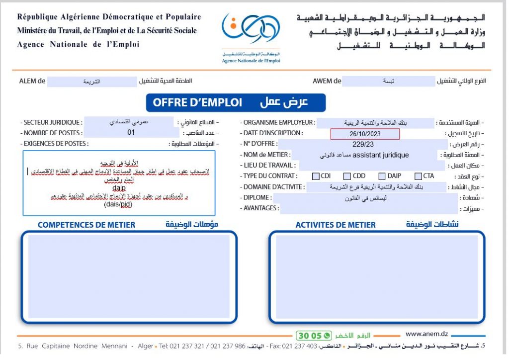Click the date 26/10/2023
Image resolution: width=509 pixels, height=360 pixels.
(365, 134)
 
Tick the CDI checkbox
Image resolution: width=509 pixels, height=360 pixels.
(316, 176)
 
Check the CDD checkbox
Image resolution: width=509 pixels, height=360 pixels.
(347, 176)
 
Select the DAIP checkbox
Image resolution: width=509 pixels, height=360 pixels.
(382, 176)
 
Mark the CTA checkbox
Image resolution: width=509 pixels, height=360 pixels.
(418, 176)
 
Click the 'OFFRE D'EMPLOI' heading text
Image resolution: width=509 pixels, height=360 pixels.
(197, 103)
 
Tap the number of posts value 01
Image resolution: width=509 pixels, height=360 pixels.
(131, 133)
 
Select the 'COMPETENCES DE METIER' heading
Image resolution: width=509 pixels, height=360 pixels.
(86, 225)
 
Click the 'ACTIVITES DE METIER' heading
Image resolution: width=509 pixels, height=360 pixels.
(336, 225)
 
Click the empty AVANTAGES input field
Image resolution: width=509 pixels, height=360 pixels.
(368, 209)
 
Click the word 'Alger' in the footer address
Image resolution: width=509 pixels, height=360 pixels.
(146, 346)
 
